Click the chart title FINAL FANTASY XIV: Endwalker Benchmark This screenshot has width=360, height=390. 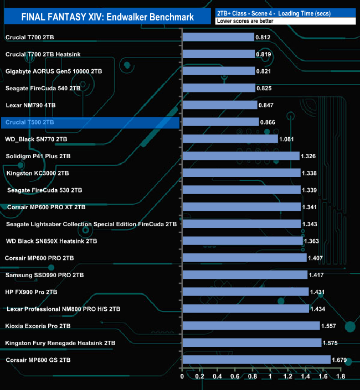107,17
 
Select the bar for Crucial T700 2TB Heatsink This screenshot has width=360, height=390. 218,54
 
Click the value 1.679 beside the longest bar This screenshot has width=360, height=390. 339,360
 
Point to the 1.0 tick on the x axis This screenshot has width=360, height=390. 270,377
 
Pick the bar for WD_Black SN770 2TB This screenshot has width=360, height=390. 230,139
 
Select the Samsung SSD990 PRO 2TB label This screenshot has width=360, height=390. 44,275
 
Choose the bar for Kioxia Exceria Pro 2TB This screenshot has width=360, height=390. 251,326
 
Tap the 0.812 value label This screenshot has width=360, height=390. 263,38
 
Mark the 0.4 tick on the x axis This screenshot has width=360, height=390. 218,377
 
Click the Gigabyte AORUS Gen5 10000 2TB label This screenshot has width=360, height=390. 53,71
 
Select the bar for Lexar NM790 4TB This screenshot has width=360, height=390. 220,105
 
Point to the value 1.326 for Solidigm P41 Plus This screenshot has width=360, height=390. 309,157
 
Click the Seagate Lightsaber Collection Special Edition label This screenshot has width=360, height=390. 91,224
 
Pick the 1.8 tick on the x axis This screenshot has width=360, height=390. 341,377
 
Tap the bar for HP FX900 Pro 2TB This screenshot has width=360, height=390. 245,292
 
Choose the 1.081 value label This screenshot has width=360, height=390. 287,139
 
